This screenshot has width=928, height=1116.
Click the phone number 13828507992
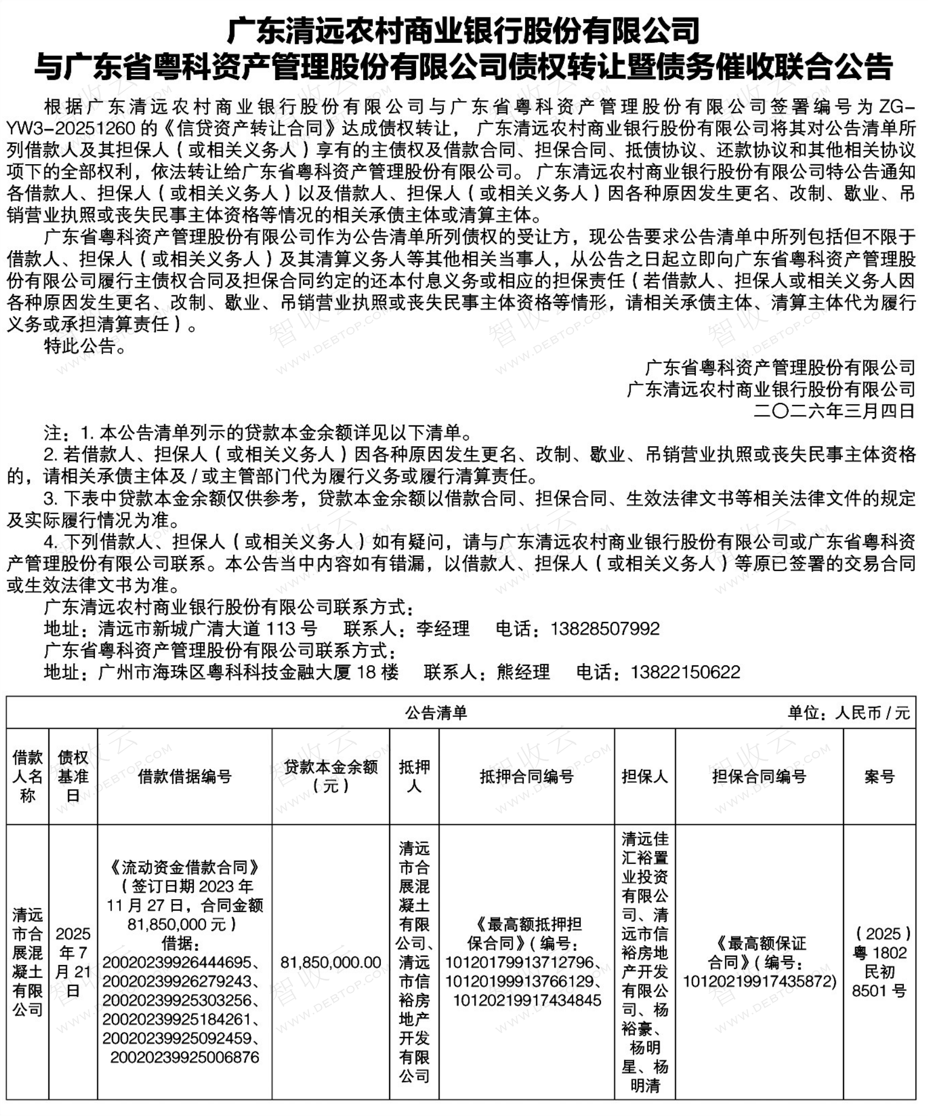coord(605,629)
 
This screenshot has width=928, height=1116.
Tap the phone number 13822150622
coord(685,672)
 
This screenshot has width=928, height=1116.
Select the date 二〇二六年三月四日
coord(834,411)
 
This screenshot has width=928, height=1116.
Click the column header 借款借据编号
coord(185,776)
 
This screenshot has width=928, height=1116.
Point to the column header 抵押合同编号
coord(526,776)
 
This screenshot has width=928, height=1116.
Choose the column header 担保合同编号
coord(759,776)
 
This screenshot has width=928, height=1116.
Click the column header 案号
coord(879,776)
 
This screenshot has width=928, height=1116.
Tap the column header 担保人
coord(645,776)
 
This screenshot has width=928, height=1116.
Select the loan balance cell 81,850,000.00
coord(331,962)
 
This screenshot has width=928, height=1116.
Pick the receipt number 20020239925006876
coord(185,1057)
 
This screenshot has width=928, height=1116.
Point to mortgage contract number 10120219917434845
coord(527,1000)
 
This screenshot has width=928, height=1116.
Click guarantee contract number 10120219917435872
coord(759,981)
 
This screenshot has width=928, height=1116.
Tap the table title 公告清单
coord(436,713)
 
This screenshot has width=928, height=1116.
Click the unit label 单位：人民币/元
coord(849,713)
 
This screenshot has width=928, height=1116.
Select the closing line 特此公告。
coord(85,346)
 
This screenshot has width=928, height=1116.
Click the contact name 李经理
coord(443,629)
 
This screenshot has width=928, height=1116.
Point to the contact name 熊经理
coord(523,672)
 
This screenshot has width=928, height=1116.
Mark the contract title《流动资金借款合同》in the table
coord(185,867)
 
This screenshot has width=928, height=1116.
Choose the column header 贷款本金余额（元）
coord(331,776)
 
